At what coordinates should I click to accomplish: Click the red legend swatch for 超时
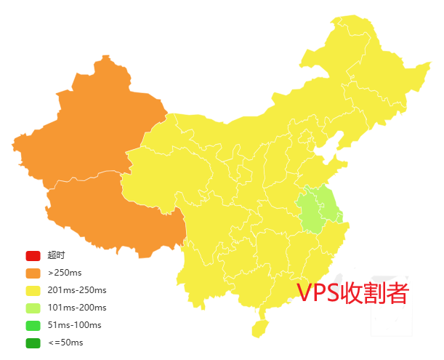33,255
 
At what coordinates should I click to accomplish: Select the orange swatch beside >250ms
33,273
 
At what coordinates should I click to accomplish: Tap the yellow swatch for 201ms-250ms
33,290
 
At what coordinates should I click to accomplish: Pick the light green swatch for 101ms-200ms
33,308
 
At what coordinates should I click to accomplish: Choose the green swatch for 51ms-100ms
33,325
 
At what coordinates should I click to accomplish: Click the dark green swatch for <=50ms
33,343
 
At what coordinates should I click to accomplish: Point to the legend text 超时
56,255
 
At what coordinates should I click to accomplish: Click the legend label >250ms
65,273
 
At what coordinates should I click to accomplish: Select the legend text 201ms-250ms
77,290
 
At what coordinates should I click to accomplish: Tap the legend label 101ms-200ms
77,308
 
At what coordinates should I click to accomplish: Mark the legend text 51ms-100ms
74,325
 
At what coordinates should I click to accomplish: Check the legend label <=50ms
65,343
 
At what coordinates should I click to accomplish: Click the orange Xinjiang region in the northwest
94,131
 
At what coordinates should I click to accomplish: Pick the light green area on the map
318,207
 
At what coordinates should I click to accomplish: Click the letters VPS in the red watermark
319,293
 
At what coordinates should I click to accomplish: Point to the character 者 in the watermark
397,293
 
